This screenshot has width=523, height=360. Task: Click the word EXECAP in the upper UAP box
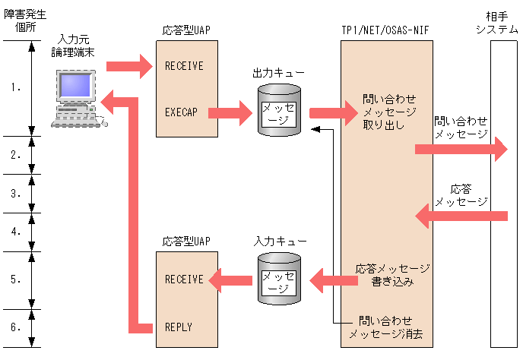pos(181,112)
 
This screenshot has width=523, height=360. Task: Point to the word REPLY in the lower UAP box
pos(179,327)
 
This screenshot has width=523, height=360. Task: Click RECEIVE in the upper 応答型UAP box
pos(184,66)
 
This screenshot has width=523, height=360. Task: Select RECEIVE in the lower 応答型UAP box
pos(184,279)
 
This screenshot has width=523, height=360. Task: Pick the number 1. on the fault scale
pos(16,87)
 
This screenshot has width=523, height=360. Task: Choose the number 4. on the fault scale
pos(16,232)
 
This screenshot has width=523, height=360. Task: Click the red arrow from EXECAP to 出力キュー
pos(230,113)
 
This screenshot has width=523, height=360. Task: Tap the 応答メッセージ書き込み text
pos(391,276)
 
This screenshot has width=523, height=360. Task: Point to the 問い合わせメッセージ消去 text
pos(385,327)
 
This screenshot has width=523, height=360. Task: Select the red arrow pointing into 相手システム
pos(461,149)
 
